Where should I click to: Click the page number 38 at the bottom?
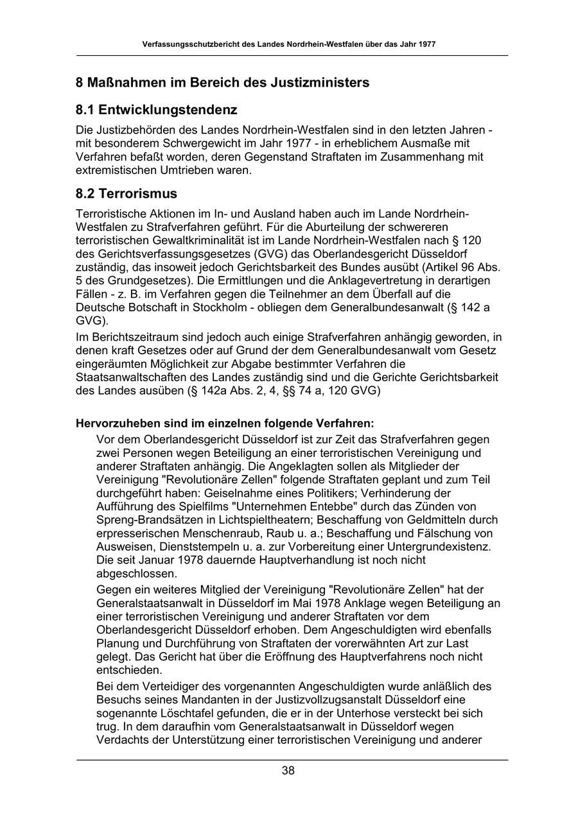coord(288,771)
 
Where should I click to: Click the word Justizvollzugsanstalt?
coord(351,700)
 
